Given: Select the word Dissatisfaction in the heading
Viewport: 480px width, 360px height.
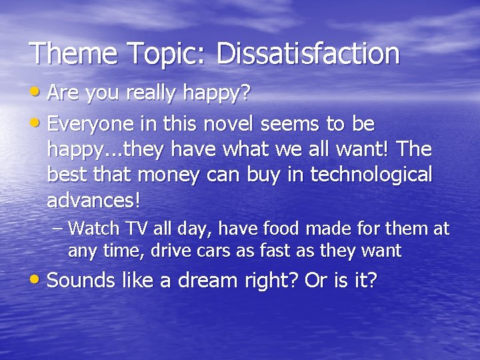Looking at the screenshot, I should click(308, 53).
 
